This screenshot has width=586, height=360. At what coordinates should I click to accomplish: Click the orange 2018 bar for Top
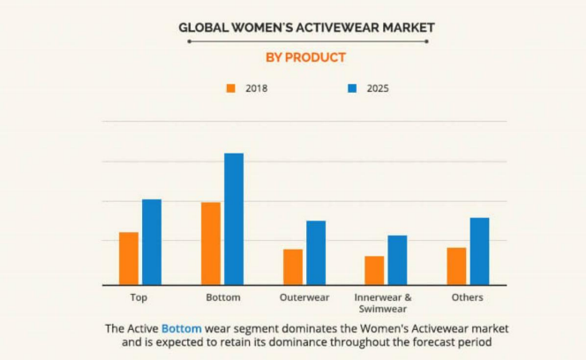(x=129, y=259)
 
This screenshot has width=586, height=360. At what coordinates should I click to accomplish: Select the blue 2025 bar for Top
(x=152, y=242)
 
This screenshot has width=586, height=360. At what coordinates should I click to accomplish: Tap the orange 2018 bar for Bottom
(x=211, y=244)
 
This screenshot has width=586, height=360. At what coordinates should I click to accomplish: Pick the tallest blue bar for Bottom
(x=234, y=219)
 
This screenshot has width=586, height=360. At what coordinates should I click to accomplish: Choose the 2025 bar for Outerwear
(x=316, y=252)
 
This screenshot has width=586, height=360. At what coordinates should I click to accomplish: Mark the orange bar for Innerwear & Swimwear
(x=374, y=270)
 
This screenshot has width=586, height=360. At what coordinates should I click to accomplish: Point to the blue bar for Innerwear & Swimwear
(x=397, y=259)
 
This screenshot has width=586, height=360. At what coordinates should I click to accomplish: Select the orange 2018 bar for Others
(x=456, y=266)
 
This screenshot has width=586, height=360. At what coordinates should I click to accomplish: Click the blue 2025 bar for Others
(x=479, y=251)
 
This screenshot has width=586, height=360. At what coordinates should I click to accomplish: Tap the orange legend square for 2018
(x=231, y=88)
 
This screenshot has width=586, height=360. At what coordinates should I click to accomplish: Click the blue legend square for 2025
(x=351, y=88)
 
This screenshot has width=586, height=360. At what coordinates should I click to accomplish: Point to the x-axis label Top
(x=139, y=297)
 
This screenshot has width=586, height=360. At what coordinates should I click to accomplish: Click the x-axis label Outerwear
(x=304, y=297)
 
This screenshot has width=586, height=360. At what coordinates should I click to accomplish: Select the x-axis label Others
(x=467, y=297)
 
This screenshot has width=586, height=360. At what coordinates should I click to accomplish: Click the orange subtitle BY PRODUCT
(x=305, y=57)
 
